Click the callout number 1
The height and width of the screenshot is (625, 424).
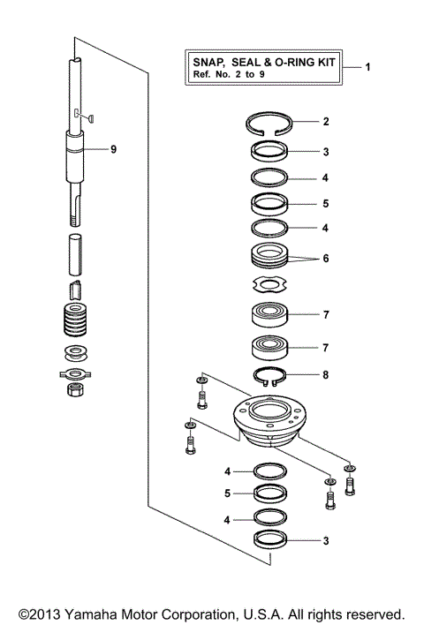coord(367,67)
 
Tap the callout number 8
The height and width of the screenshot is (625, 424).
coord(325,374)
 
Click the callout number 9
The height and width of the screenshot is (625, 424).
coord(113,149)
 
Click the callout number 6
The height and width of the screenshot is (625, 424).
coord(325,260)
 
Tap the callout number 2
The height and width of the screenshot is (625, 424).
coord(325,123)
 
